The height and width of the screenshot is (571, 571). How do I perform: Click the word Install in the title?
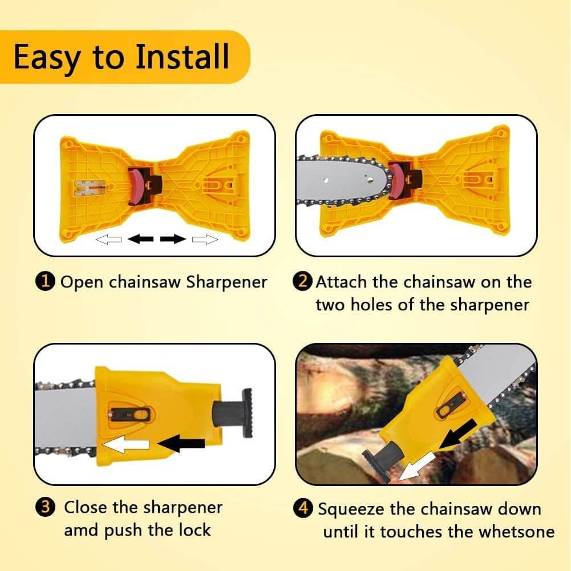tap(182, 57)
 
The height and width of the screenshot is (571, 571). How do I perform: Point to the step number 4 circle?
tap(303, 508)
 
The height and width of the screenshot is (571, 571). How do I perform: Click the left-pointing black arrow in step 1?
tap(140, 239)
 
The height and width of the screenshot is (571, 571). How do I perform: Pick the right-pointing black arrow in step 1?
tap(173, 239)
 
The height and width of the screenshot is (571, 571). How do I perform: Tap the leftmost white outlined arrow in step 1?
tap(108, 239)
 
